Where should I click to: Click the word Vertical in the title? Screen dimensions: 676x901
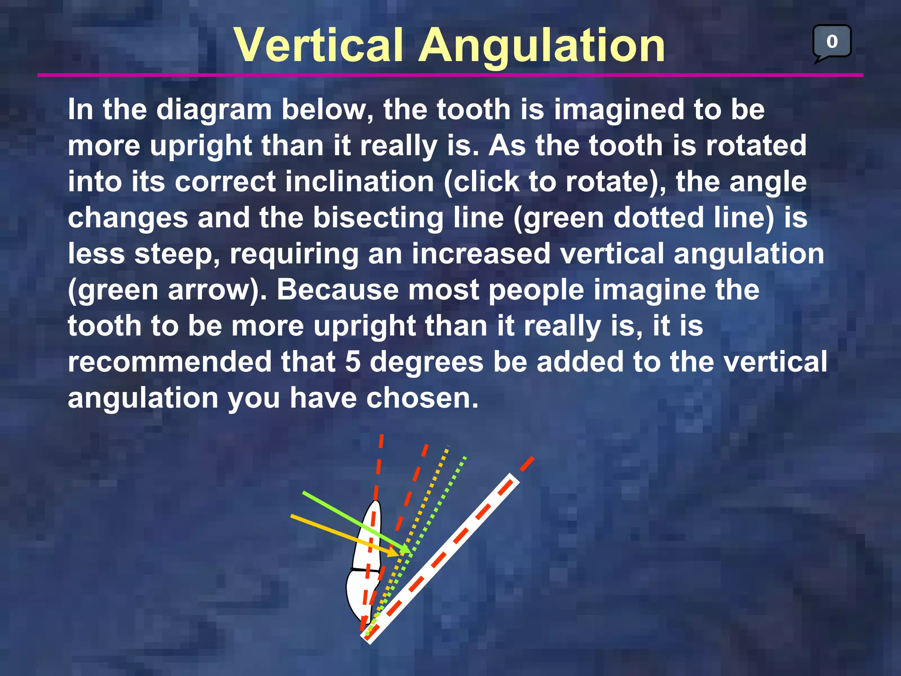tap(319, 45)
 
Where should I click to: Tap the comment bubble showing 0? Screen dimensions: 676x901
tap(831, 42)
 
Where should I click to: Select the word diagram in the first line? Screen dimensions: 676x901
tap(214, 110)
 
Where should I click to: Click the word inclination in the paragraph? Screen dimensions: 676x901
tap(359, 182)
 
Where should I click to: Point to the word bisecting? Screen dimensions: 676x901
tap(378, 218)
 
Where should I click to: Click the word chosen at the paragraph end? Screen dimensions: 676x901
tap(422, 398)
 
